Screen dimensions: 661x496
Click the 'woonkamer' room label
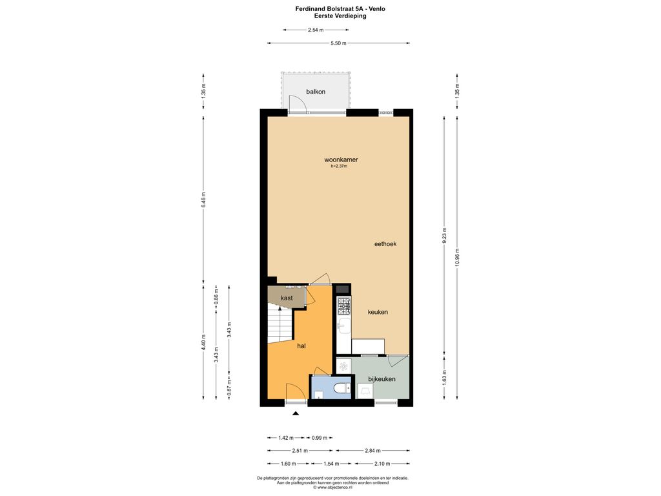coord(341,160)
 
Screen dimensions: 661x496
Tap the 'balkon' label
coord(316,92)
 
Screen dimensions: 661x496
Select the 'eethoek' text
coord(385,243)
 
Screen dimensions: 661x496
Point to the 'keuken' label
coord(378,312)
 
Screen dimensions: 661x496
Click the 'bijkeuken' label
coord(381,378)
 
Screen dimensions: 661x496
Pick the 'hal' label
coord(301,346)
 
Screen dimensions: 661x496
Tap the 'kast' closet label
coord(287,298)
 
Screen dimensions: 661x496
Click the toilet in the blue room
coord(341,387)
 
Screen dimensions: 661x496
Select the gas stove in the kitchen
coord(343,306)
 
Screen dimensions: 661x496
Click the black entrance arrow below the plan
coord(296,413)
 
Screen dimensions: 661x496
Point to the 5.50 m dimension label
coord(338,43)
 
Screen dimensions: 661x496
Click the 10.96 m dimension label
coord(458,257)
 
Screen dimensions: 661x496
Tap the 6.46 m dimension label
coord(203,200)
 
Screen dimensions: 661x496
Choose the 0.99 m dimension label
coord(320,438)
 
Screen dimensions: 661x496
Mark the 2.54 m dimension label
coord(316,30)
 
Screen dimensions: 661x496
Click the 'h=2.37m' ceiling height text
coord(339,166)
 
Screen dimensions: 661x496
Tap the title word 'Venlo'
coord(377,8)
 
